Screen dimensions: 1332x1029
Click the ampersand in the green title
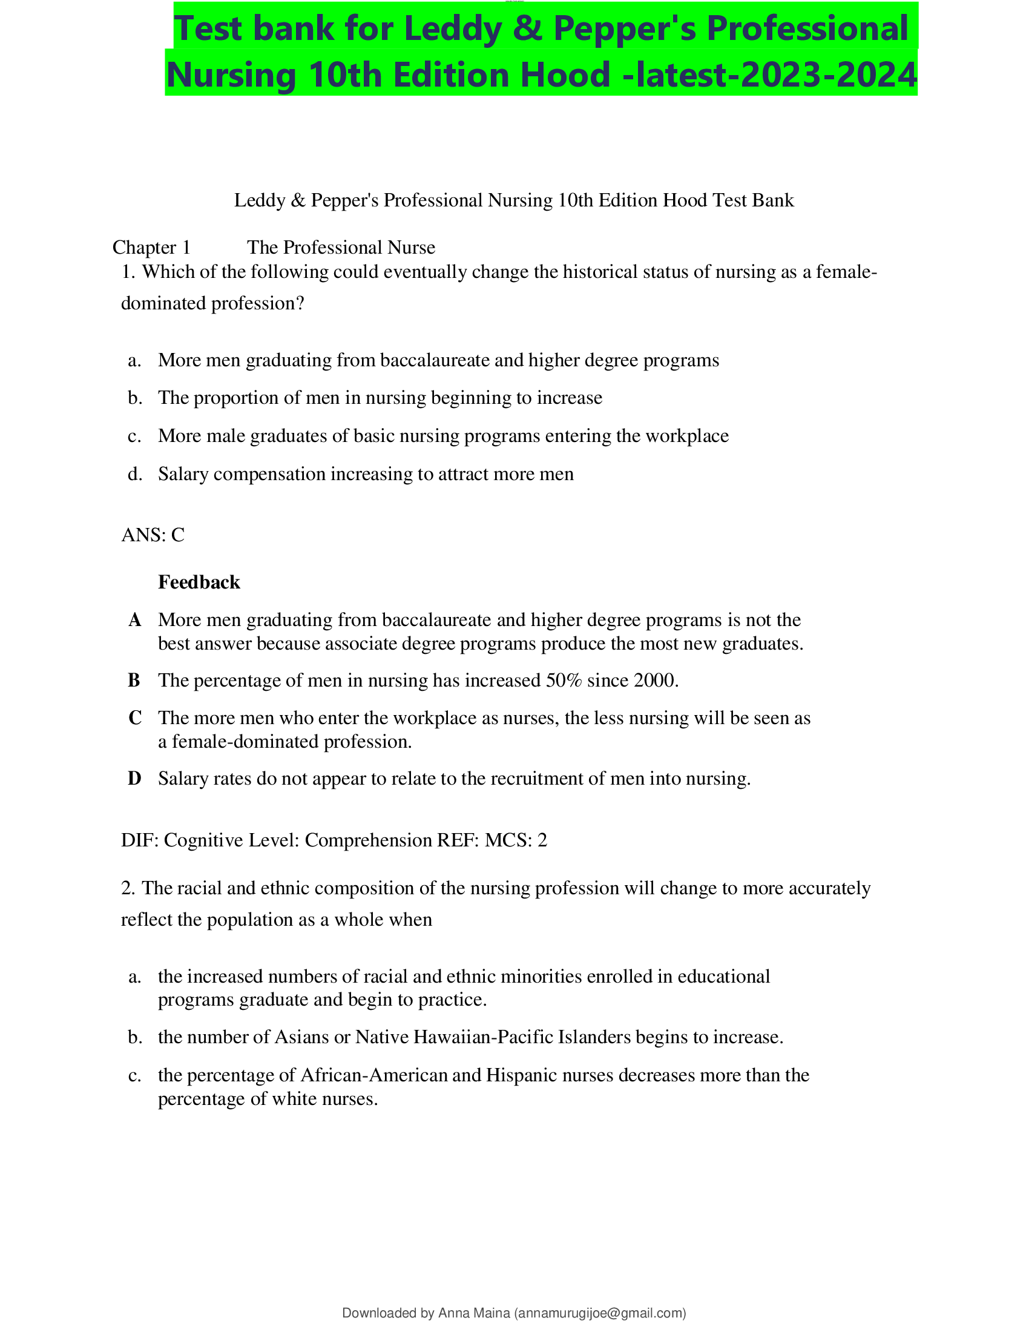[527, 29]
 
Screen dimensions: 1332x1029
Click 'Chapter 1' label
[151, 248]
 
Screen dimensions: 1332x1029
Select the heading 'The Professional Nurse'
[341, 248]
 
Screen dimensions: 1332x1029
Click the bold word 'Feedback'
[199, 582]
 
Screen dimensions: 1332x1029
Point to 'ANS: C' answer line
[153, 535]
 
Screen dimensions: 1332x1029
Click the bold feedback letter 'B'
[134, 681]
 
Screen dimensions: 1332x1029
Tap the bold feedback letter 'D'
[134, 779]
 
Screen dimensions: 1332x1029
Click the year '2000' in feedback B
[654, 681]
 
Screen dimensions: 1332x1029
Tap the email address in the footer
[600, 1313]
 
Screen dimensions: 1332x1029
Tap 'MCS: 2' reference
[516, 840]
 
